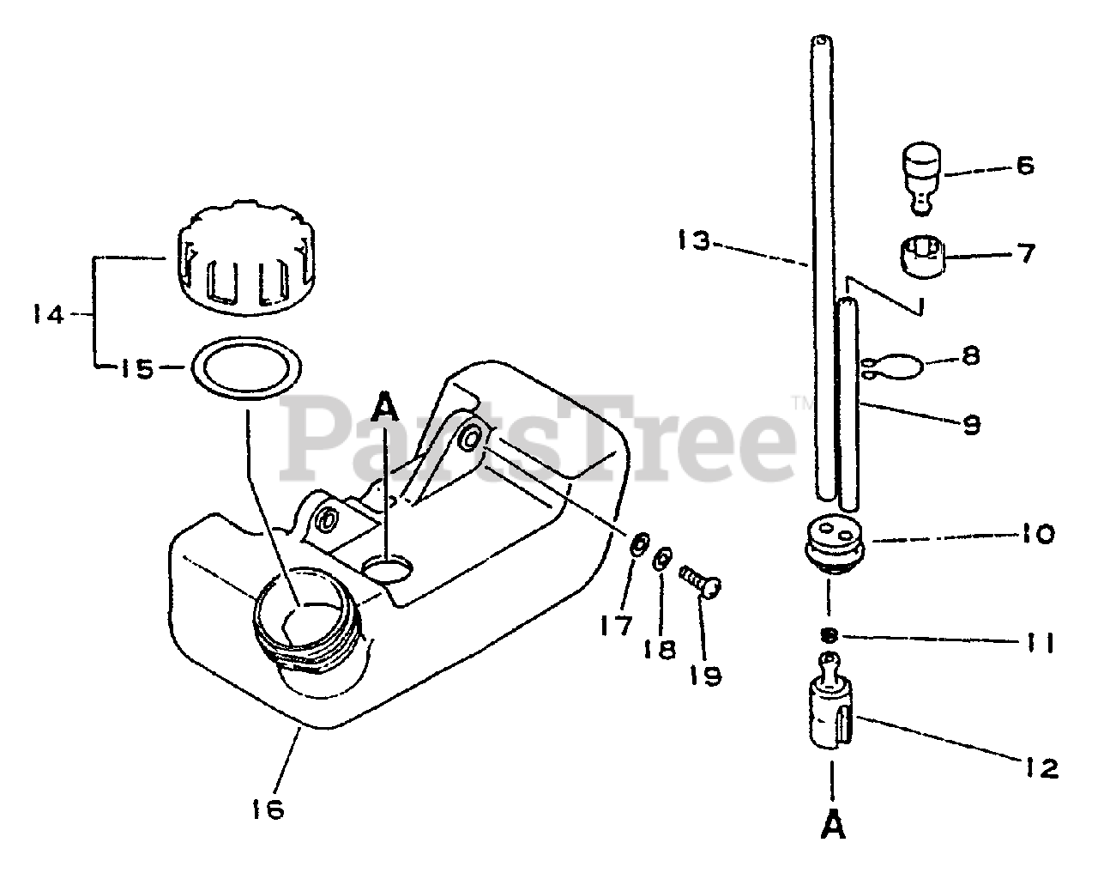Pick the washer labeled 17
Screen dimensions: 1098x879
pyautogui.click(x=638, y=545)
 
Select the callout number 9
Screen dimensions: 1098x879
pyautogui.click(x=971, y=424)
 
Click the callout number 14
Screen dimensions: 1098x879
pyautogui.click(x=48, y=315)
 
